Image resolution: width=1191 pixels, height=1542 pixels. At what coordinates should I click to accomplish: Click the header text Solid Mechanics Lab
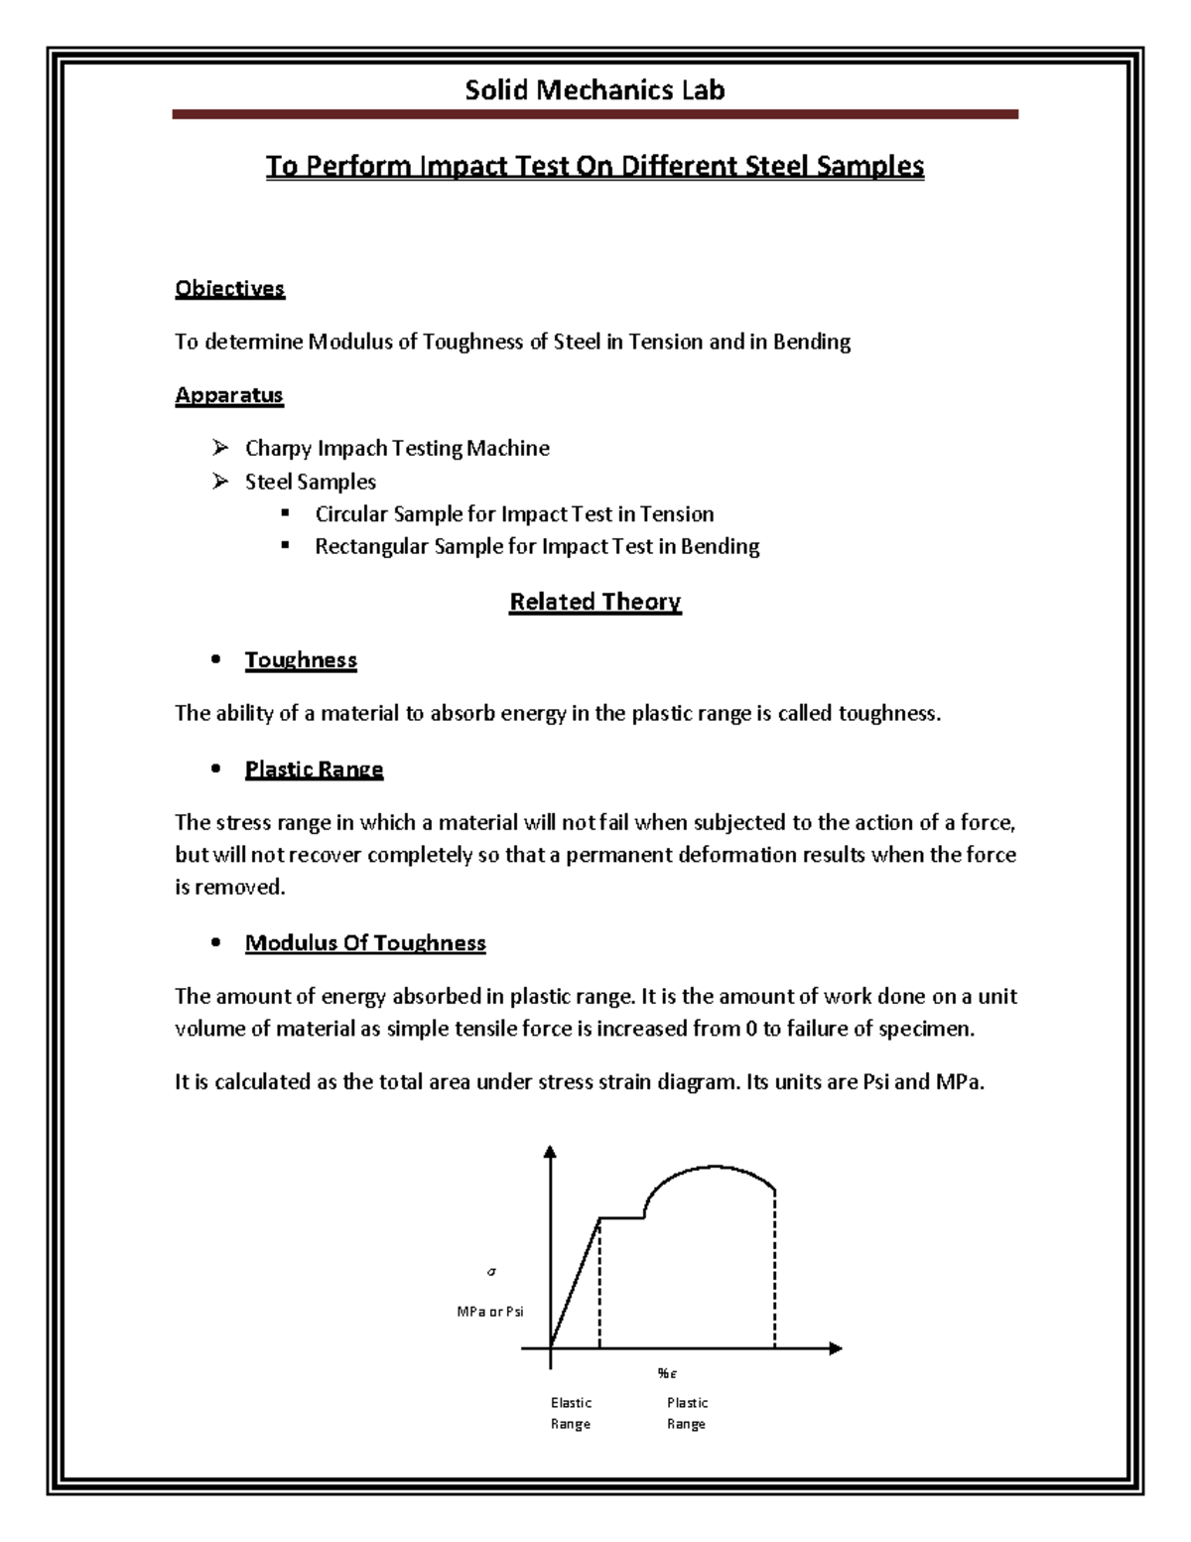tap(595, 90)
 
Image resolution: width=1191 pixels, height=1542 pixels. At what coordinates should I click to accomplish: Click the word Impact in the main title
tap(463, 166)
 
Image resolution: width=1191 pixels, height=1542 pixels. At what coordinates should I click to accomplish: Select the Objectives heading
tap(229, 289)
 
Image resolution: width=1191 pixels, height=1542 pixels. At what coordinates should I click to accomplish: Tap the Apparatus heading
tap(229, 395)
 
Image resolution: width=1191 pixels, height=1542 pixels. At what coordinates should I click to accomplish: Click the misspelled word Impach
tap(352, 449)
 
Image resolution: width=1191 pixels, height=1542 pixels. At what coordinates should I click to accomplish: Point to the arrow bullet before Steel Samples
tap(220, 482)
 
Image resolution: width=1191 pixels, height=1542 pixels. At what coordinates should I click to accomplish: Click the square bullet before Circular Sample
tap(285, 513)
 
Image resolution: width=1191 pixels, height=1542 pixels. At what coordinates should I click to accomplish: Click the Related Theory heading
tap(595, 602)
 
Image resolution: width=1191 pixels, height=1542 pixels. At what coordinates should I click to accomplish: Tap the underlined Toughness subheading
tap(301, 660)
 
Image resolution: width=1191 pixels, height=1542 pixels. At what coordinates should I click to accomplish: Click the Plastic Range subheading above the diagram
tap(314, 770)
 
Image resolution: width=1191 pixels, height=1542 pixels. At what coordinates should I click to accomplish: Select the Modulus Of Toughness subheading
tap(365, 943)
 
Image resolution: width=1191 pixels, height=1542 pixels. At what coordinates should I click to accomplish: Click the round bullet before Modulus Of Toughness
tap(215, 944)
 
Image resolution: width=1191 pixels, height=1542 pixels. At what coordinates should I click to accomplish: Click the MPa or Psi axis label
tap(489, 1312)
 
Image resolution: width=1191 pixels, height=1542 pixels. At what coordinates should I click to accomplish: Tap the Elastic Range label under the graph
tap(571, 1413)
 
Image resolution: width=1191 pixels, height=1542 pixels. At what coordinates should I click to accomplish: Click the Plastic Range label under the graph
tap(687, 1413)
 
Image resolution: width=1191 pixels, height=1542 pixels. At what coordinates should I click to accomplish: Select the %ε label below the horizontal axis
tap(666, 1374)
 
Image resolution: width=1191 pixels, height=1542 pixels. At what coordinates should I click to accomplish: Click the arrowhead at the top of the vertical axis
tap(551, 1153)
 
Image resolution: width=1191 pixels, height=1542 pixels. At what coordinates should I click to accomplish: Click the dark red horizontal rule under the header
tap(595, 115)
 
